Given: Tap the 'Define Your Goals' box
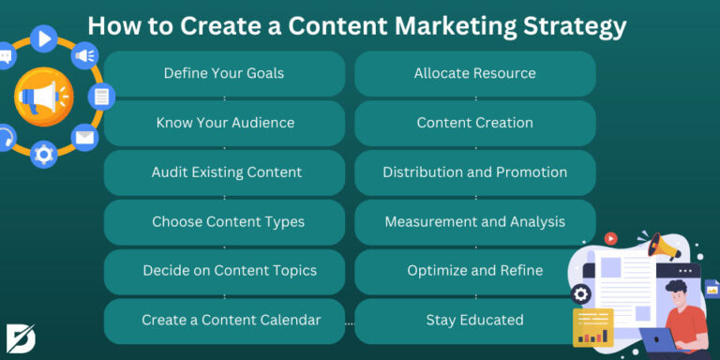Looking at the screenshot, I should (224, 73).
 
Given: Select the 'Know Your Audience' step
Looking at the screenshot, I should (224, 123).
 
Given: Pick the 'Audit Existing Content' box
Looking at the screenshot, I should (224, 172).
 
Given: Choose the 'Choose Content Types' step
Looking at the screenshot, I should (224, 222).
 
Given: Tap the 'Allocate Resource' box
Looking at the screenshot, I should (474, 73).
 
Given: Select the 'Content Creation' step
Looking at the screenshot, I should (474, 123).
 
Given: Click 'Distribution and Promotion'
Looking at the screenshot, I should (474, 172).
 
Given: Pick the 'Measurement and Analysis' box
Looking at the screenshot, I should (474, 222).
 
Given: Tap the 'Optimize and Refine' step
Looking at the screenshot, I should (474, 271).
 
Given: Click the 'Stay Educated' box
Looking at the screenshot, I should (474, 321).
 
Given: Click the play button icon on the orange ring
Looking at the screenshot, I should (44, 37).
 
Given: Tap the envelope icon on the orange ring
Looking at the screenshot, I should (85, 138).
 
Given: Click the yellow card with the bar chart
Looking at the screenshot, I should (592, 328).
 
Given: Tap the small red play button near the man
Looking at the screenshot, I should (611, 239).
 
